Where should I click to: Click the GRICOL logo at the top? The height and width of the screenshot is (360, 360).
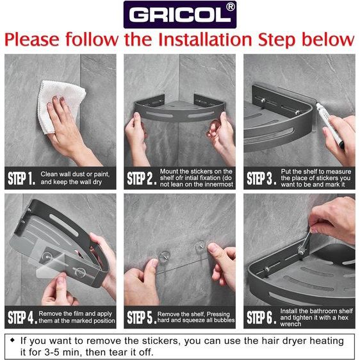click(x=180, y=15)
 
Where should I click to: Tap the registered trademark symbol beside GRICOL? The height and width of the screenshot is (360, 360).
click(x=230, y=7)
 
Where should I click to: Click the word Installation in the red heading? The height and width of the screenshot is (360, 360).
click(x=206, y=40)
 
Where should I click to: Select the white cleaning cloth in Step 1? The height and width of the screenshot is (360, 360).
click(x=60, y=106)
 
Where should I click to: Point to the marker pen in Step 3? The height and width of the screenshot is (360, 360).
click(x=330, y=125)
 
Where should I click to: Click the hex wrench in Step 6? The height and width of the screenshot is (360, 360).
click(x=305, y=243)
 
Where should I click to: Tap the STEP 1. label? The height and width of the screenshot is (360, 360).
click(x=22, y=178)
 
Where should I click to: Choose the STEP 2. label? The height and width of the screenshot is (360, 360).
click(x=142, y=178)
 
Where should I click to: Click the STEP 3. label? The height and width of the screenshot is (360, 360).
click(x=261, y=178)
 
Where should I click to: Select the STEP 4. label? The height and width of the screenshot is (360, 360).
click(x=22, y=317)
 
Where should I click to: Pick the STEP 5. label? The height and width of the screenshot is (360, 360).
click(x=142, y=317)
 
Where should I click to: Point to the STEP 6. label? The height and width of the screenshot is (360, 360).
click(x=261, y=317)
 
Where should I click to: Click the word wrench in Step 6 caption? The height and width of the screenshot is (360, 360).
click(x=290, y=324)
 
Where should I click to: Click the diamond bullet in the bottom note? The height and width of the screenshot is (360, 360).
click(x=12, y=340)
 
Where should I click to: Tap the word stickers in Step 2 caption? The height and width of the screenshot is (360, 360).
click(x=202, y=171)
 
